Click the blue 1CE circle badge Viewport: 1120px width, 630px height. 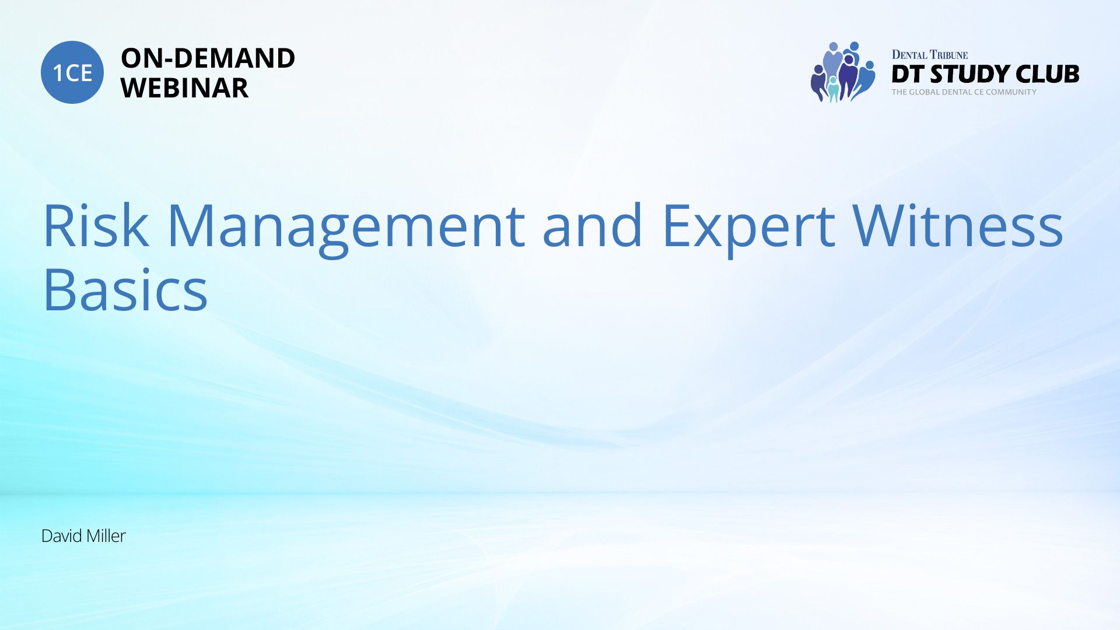click(x=72, y=72)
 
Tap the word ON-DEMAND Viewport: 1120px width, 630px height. click(x=208, y=58)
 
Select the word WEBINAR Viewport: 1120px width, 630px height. click(x=184, y=88)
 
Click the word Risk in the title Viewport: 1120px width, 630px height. click(x=96, y=226)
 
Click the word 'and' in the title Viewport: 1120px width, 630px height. click(x=593, y=225)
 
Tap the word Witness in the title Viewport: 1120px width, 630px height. click(x=957, y=225)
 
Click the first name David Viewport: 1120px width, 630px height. click(x=61, y=536)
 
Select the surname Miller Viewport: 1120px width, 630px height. click(x=106, y=536)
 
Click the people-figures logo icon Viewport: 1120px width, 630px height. click(x=842, y=72)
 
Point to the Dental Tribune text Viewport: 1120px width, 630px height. click(x=929, y=55)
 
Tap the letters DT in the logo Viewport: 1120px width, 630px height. click(x=908, y=74)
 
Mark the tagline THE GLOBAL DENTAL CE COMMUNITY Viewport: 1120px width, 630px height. click(x=964, y=92)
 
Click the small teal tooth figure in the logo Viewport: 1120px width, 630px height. click(x=833, y=89)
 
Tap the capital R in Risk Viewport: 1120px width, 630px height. click(x=58, y=226)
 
